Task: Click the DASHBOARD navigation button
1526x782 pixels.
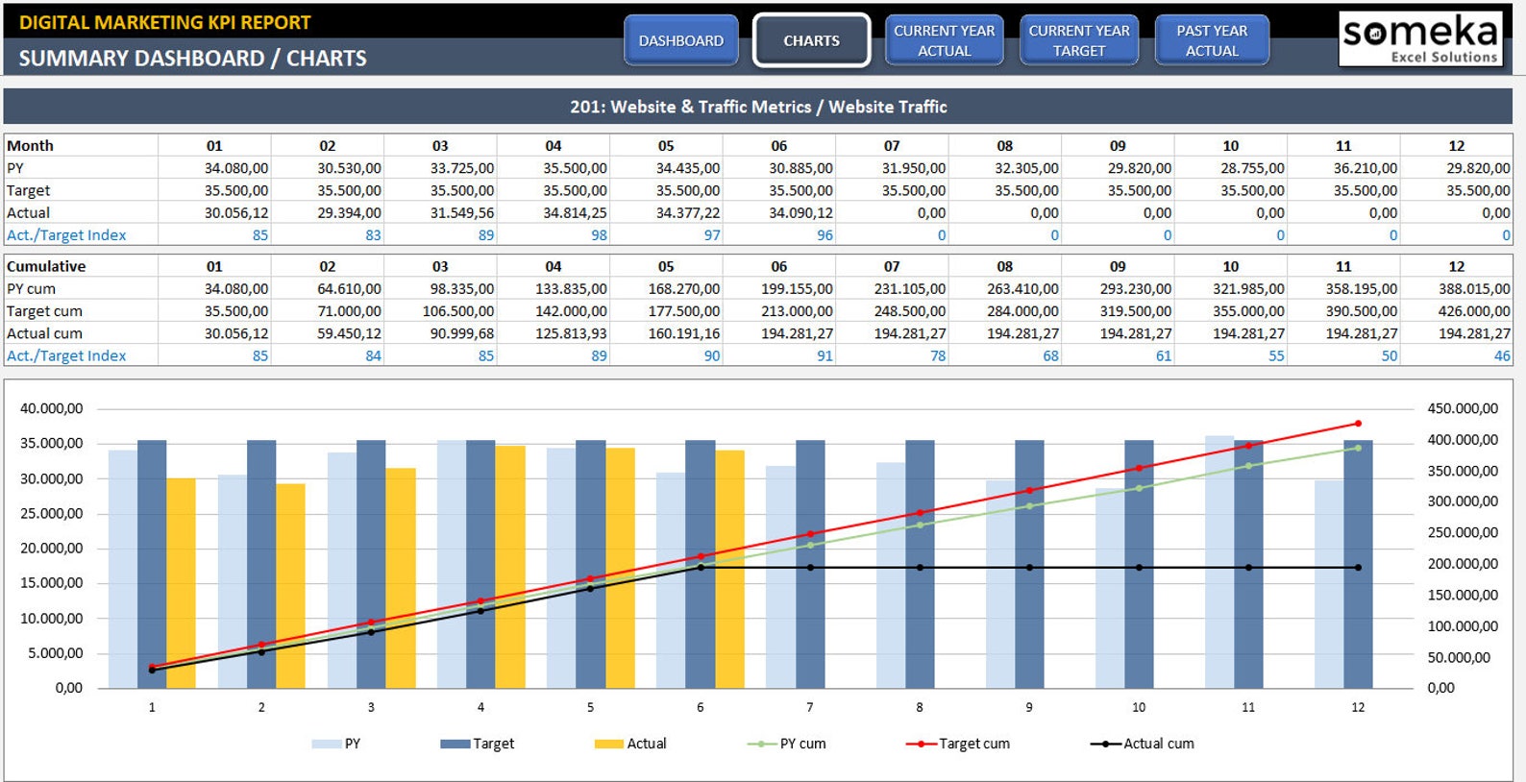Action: tap(680, 41)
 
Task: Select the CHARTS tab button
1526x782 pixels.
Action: tap(811, 41)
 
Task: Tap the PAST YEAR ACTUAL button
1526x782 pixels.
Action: tap(1212, 41)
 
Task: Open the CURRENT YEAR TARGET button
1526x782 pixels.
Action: tap(1079, 41)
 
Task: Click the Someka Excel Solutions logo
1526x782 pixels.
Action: tap(1422, 39)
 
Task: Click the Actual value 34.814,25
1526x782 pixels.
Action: tap(575, 212)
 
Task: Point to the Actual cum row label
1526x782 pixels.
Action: tap(44, 333)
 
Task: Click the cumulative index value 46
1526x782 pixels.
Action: tap(1502, 355)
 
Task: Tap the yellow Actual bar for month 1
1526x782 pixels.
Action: tap(181, 583)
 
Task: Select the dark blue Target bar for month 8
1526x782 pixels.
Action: tap(920, 564)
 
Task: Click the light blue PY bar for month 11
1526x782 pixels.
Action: tap(1219, 562)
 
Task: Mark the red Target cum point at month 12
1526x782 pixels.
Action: tap(1358, 424)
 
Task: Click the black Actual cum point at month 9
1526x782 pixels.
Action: tap(1029, 568)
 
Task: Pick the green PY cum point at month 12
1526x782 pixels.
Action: tap(1358, 449)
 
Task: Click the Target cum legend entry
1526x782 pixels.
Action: tap(958, 744)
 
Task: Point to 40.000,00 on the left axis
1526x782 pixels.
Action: tap(51, 408)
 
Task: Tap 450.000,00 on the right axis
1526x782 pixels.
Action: tap(1463, 408)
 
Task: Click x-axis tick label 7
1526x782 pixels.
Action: tap(810, 708)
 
